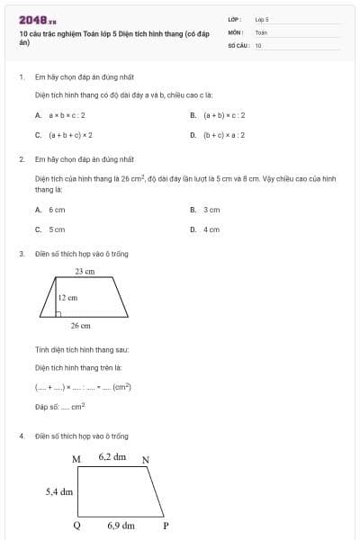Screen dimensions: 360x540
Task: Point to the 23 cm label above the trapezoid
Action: click(x=85, y=271)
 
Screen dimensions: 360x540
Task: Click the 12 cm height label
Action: click(x=67, y=296)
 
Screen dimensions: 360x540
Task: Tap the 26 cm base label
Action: click(x=80, y=326)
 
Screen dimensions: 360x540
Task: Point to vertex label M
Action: click(x=76, y=459)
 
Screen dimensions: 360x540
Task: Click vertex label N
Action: click(x=146, y=460)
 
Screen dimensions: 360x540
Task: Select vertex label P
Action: click(x=166, y=526)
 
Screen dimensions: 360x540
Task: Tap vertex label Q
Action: click(x=76, y=526)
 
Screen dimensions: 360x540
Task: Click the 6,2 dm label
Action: click(x=112, y=457)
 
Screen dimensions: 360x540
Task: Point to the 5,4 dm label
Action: click(x=59, y=492)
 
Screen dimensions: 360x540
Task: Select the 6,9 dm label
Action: click(x=121, y=526)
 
